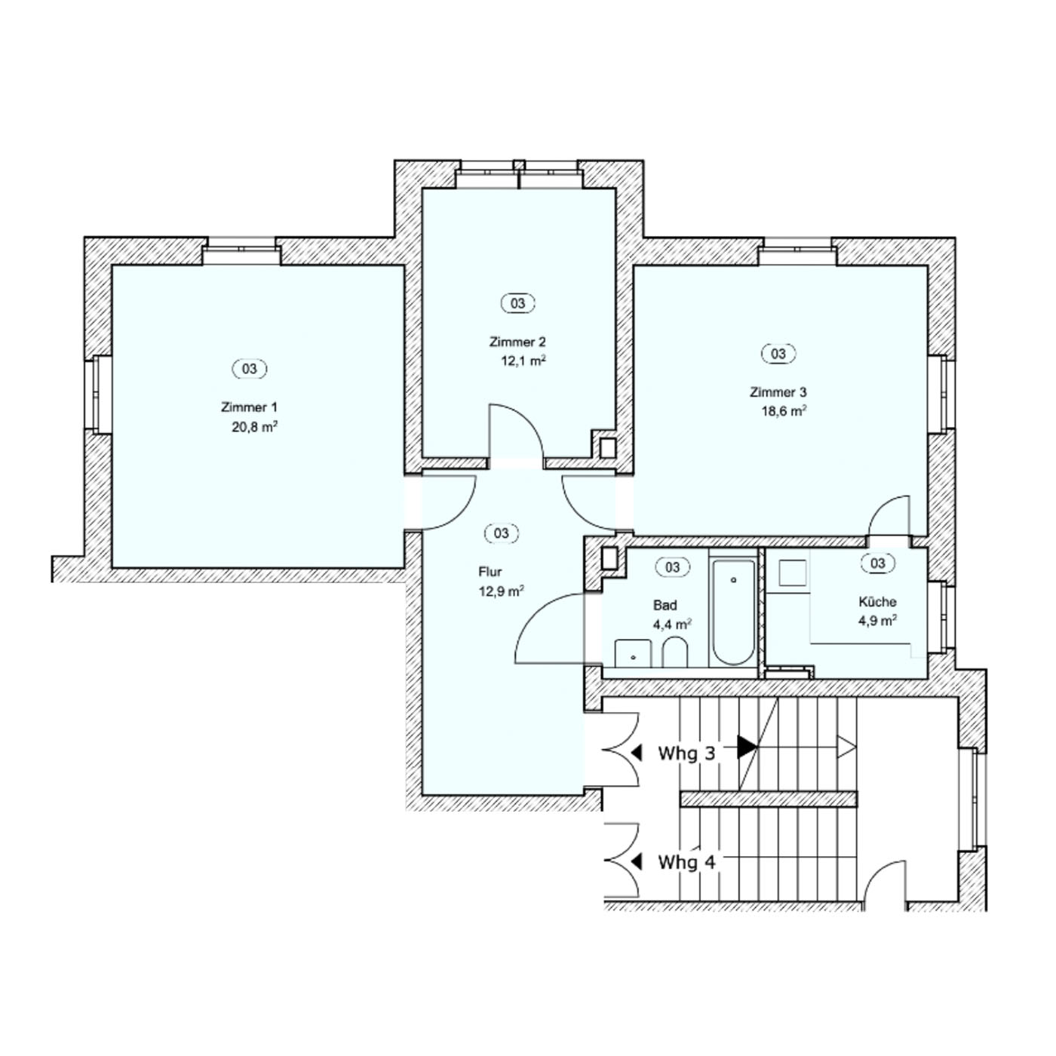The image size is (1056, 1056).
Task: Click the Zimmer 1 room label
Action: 249,408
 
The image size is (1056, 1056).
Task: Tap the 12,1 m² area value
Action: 523,361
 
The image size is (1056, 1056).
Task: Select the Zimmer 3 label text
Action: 778,392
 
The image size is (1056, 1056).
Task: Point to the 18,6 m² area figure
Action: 784,412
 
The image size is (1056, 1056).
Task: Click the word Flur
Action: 490,572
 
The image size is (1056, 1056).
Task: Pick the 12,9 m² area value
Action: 502,591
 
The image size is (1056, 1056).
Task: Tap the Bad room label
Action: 665,606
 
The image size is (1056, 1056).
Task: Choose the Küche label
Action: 877,602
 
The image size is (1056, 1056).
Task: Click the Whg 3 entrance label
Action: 686,754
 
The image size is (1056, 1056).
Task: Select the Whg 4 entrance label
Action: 686,862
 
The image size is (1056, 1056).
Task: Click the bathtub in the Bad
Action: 732,612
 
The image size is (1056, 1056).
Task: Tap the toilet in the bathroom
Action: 674,652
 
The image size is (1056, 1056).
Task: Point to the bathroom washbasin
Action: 633,653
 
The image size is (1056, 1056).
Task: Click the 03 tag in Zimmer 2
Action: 518,303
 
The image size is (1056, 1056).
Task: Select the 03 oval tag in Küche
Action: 878,563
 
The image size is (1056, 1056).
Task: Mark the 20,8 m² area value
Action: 254,427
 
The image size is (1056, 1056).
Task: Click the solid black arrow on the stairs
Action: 747,747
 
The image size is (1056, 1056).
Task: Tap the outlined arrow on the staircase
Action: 846,747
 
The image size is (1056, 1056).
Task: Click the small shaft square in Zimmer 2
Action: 608,448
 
